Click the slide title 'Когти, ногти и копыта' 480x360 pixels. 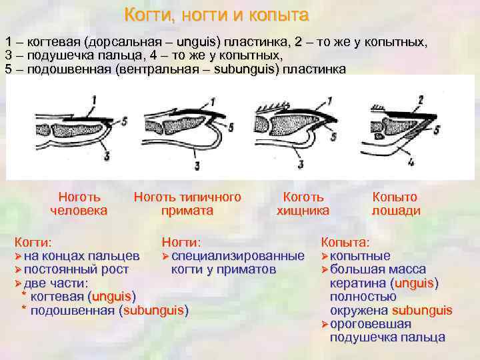(217, 15)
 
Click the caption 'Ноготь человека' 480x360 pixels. (79, 204)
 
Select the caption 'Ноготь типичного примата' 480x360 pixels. (187, 204)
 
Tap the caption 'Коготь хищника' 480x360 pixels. (303, 204)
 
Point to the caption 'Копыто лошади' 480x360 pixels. (395, 204)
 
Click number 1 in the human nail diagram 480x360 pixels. (95, 100)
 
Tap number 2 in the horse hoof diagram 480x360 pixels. (420, 100)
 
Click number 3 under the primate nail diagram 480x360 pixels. (196, 165)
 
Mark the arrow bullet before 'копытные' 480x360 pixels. (325, 256)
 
